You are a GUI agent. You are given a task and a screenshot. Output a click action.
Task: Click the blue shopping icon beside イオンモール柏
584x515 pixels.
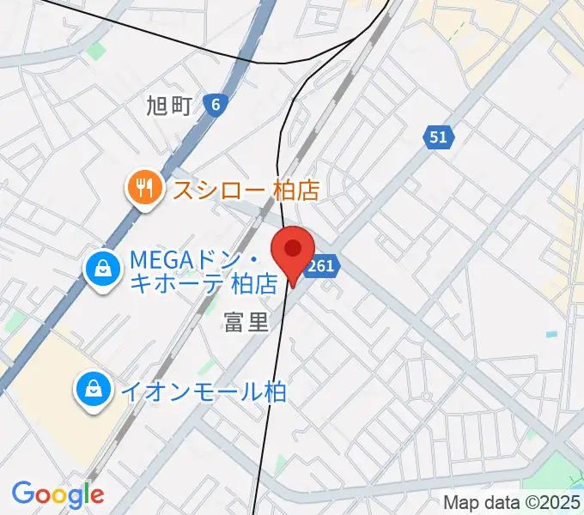click(92, 391)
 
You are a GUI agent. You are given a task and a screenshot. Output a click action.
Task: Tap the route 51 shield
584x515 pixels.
click(439, 136)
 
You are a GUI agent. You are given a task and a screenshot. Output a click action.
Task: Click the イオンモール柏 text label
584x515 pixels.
click(203, 391)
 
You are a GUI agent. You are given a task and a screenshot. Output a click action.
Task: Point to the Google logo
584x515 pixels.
click(58, 494)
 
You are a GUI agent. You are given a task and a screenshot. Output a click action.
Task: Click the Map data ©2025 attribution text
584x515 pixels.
click(511, 502)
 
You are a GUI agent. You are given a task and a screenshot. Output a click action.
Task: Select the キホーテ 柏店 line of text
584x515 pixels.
click(204, 283)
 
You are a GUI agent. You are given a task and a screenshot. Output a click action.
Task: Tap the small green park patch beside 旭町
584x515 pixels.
click(96, 51)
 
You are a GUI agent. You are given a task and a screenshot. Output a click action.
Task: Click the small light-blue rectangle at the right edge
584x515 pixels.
click(551, 334)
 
